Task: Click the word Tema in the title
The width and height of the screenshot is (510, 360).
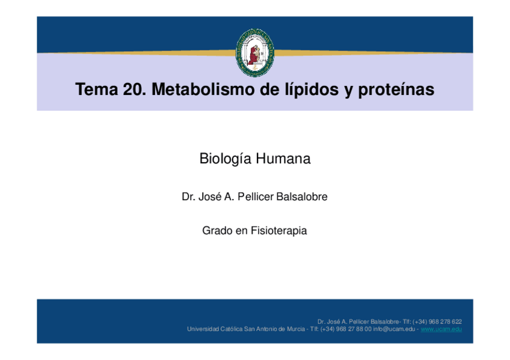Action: pos(96,90)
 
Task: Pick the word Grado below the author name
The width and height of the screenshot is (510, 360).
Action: pos(217,230)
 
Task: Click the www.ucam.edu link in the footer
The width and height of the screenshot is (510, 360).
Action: pos(441,329)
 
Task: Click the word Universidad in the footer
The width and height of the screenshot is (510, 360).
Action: pos(203,329)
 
